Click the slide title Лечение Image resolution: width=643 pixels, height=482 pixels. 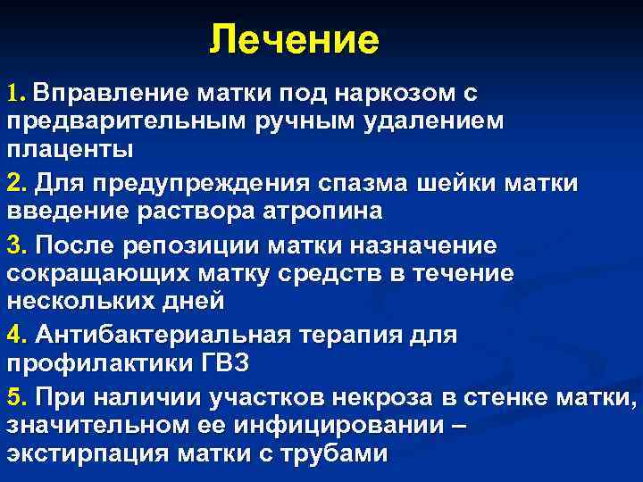pos(294,41)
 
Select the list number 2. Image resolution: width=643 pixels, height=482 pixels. pos(15,183)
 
